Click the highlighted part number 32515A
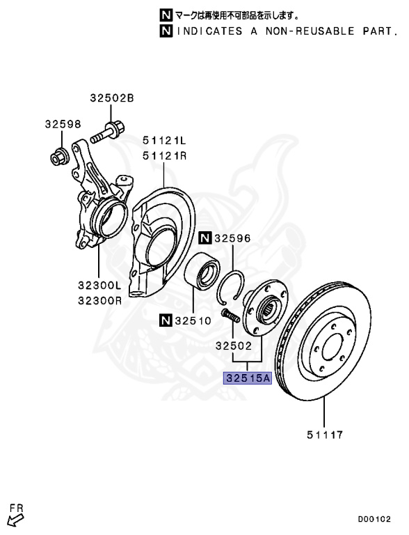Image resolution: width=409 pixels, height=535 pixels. [x=248, y=378]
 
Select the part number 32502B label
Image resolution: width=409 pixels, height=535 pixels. [x=112, y=98]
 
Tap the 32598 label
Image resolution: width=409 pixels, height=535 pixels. [x=63, y=124]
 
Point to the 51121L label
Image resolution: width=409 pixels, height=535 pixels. [x=165, y=140]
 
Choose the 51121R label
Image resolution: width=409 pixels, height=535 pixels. [x=165, y=156]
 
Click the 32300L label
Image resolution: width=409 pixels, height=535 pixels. [x=100, y=285]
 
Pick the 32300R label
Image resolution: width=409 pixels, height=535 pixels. [x=100, y=301]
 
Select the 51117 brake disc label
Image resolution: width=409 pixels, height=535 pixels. [x=325, y=435]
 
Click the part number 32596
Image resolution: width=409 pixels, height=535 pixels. [x=232, y=238]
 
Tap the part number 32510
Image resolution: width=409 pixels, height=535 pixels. [x=193, y=320]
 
